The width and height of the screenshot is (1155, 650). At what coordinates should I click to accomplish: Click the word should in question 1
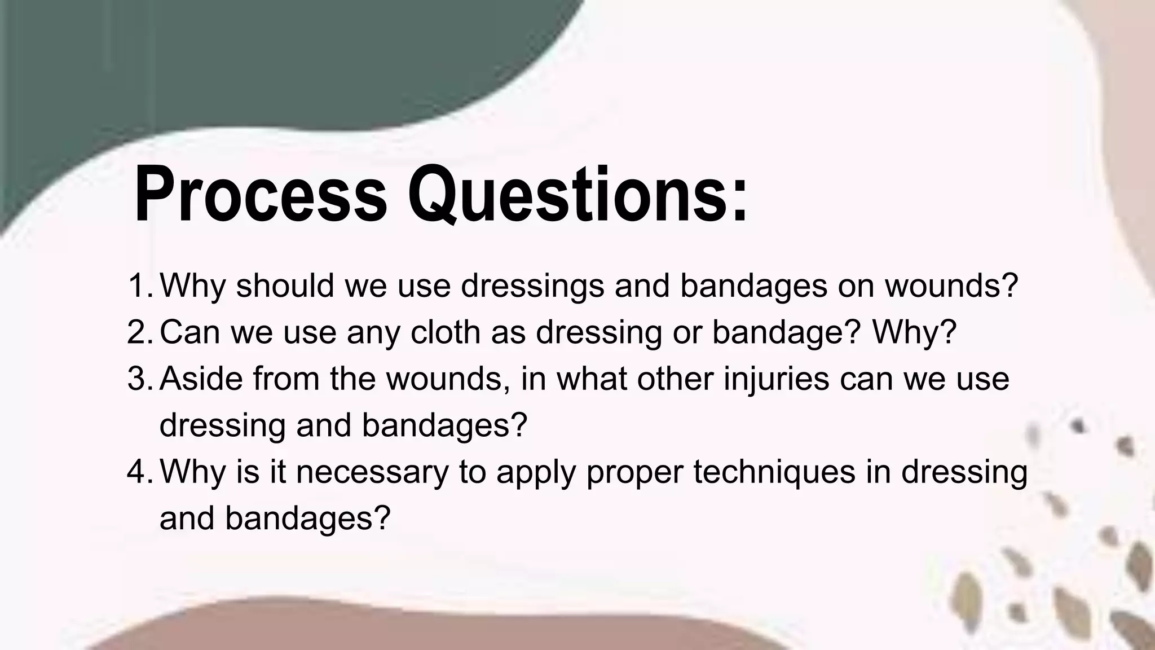pyautogui.click(x=285, y=286)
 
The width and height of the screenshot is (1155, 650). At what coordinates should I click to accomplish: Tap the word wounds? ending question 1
pyautogui.click(x=951, y=286)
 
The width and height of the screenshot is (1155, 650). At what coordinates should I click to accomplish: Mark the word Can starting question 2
pyautogui.click(x=190, y=332)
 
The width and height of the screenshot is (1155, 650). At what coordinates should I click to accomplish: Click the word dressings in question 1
pyautogui.click(x=532, y=287)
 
